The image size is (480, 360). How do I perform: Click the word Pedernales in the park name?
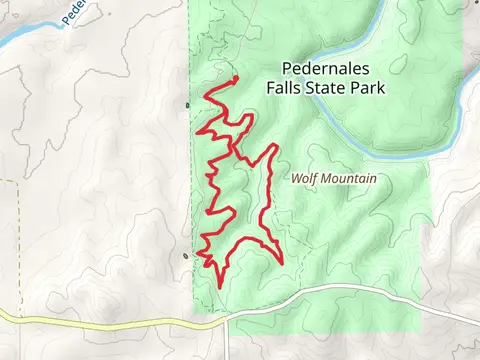(x=325, y=69)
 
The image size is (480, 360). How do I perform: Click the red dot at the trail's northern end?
(x=234, y=78)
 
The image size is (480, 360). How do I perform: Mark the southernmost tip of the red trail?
(x=218, y=288)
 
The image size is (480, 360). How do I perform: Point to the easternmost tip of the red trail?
(x=282, y=263)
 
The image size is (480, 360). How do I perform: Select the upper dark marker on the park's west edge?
(x=188, y=104)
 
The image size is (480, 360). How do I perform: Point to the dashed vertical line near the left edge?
(x=19, y=240)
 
